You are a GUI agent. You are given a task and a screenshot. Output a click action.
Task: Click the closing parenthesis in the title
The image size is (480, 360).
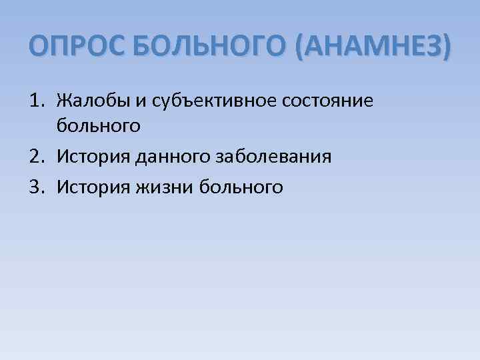(446, 48)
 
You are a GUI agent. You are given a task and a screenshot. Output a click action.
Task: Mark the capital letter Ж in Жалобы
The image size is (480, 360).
(63, 101)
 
